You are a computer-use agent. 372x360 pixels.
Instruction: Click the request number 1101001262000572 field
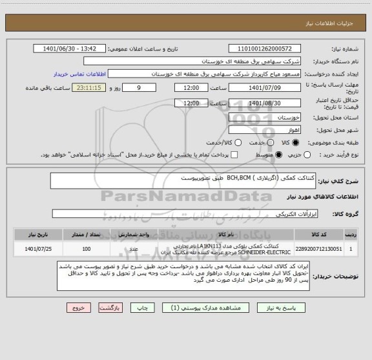coord(266,48)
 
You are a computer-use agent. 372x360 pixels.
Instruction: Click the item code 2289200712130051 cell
coord(317,248)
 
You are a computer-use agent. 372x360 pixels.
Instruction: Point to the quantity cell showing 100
coord(87,248)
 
